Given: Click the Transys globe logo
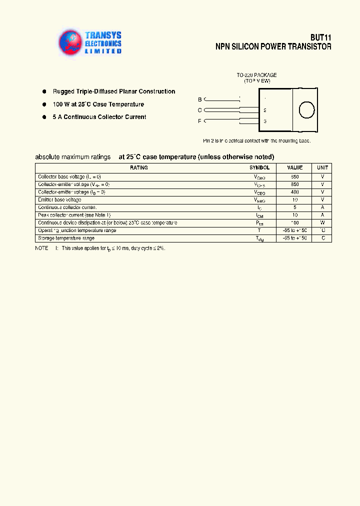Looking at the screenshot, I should click(x=69, y=42).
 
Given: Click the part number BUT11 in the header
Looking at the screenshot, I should click(x=320, y=37).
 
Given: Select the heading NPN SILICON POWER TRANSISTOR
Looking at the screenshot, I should click(x=273, y=46).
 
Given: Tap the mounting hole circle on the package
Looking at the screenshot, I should click(x=306, y=109).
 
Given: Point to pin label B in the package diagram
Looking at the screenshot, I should click(x=200, y=99).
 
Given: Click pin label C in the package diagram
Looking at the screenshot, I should click(x=200, y=110).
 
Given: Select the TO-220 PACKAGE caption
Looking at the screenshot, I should click(x=256, y=75).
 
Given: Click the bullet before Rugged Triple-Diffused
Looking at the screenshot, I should click(x=43, y=91).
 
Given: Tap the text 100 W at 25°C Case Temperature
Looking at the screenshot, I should click(x=98, y=104).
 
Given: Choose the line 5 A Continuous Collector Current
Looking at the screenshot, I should click(x=99, y=117).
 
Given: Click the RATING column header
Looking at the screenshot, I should click(x=138, y=168).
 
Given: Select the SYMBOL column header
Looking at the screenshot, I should click(x=259, y=168).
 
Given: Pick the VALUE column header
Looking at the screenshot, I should click(x=295, y=168).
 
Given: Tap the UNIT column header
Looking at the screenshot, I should click(x=322, y=168).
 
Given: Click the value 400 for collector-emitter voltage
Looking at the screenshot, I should click(x=295, y=192).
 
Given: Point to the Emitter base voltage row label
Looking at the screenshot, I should click(x=59, y=199).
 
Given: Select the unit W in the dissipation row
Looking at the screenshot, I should click(x=322, y=222).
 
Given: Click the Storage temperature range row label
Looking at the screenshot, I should click(x=66, y=238).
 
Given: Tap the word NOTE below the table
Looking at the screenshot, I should click(x=41, y=248).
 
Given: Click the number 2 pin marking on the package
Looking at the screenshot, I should click(x=265, y=110).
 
